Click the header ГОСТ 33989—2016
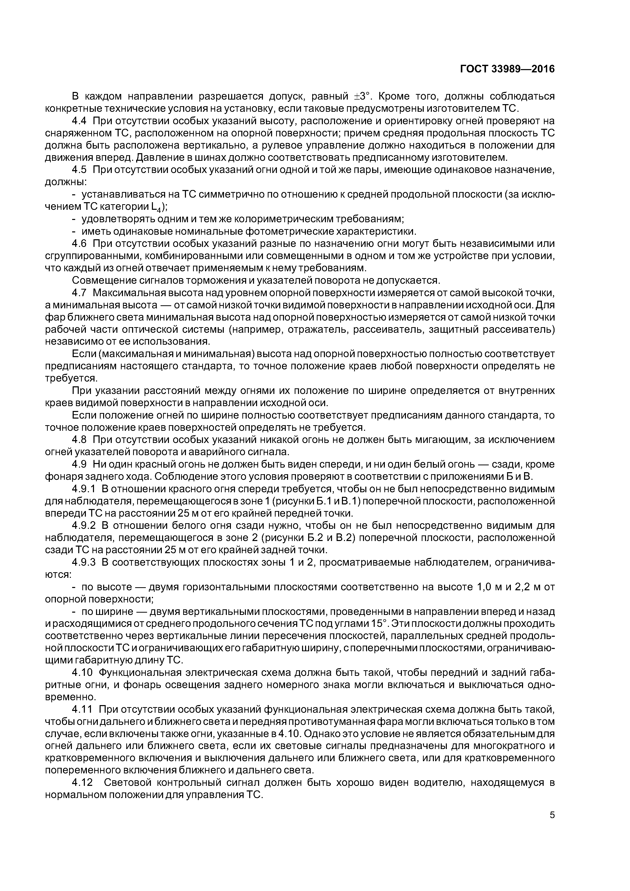pos(507,69)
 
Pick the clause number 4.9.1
pos(84,489)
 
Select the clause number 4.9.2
pos(84,526)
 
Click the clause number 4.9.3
pos(84,563)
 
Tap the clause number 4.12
pos(82,783)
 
